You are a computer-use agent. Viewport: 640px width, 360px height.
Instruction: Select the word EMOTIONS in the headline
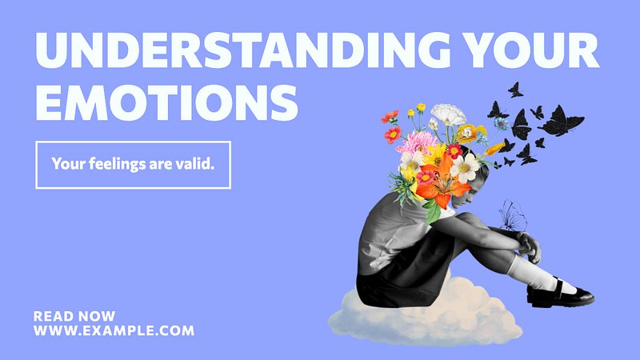tap(167, 102)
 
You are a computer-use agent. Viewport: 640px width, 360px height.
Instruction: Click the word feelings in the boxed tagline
tap(117, 164)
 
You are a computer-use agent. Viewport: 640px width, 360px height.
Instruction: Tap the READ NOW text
tap(74, 316)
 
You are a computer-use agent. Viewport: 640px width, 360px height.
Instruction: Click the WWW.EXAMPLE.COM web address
tap(114, 330)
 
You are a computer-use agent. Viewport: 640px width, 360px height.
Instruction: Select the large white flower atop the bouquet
tap(449, 114)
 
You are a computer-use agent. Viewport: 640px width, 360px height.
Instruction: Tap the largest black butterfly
tap(562, 121)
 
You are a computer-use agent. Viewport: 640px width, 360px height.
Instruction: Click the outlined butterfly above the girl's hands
tap(513, 216)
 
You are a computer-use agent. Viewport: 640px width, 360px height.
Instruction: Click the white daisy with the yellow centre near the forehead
tap(464, 168)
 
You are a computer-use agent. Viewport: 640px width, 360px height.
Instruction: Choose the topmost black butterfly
tap(515, 90)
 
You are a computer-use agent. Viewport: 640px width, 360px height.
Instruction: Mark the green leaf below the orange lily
tap(434, 212)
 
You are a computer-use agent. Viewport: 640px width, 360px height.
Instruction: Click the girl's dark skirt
tap(404, 278)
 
